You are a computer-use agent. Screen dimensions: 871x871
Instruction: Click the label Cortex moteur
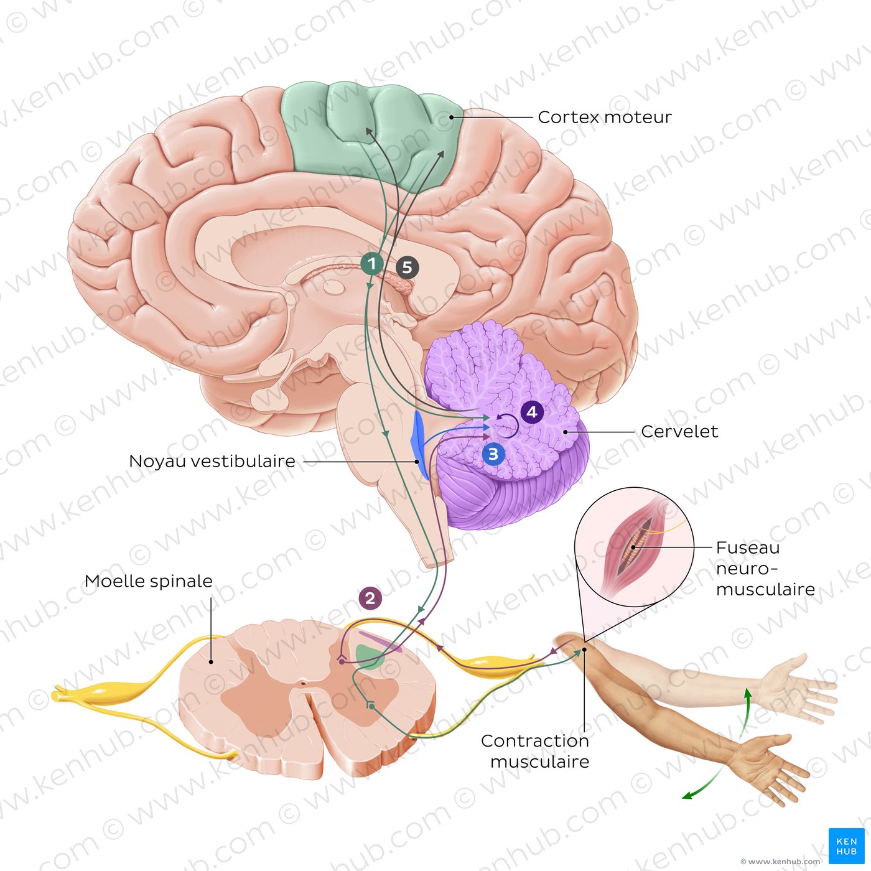coord(604,117)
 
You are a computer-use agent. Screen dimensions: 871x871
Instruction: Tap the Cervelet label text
coord(679,431)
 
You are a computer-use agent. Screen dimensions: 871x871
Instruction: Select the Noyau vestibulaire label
coord(212,461)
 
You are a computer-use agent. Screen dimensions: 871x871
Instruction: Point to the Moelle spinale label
coord(148,581)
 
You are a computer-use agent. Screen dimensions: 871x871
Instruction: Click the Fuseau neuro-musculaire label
coord(765,568)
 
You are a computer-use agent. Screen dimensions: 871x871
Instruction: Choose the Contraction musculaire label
coord(536,751)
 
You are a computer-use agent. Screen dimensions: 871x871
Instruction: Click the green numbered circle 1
coord(372,264)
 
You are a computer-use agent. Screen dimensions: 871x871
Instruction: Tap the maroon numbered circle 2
coord(370,599)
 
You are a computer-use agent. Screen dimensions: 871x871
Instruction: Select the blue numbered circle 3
coord(493,454)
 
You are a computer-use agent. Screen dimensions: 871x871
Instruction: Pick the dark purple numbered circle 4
coord(531,412)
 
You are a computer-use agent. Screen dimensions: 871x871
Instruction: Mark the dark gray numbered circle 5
coord(407,268)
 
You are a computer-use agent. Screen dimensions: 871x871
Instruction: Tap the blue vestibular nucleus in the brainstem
coord(417,442)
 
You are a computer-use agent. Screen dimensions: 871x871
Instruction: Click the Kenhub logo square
coord(846,846)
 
